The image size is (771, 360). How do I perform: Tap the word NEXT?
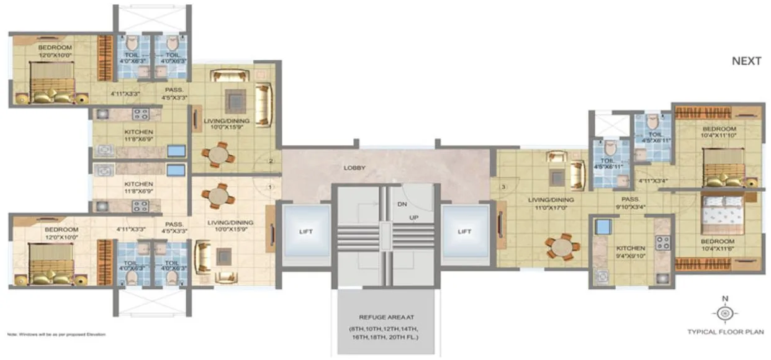tap(746, 61)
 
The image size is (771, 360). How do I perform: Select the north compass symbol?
tap(723, 312)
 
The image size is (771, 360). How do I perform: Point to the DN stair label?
tap(402, 204)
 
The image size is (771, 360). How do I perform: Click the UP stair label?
tap(413, 217)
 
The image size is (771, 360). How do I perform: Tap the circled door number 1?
tap(270, 186)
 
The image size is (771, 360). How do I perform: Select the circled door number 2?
tap(271, 162)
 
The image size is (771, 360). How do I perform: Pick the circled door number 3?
tap(504, 186)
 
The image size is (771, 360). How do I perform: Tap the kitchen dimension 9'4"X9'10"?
tap(630, 255)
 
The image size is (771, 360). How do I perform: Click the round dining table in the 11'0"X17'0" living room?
tap(562, 247)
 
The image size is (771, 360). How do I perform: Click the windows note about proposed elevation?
tap(56, 335)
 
